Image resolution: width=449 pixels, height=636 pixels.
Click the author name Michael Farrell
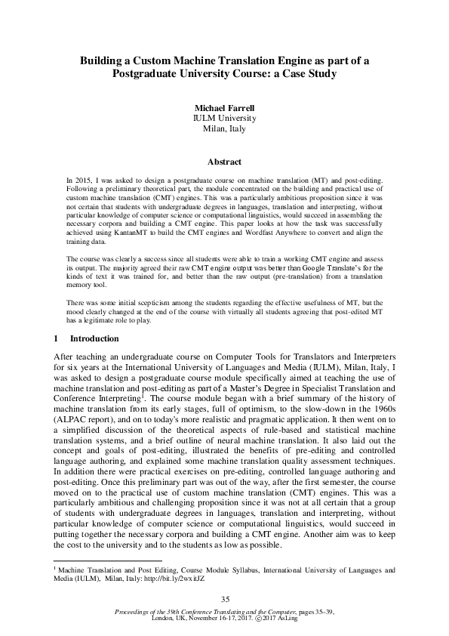(x=224, y=108)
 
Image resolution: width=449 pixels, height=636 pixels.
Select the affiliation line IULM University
(x=224, y=119)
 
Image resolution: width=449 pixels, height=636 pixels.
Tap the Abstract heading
(x=224, y=162)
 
